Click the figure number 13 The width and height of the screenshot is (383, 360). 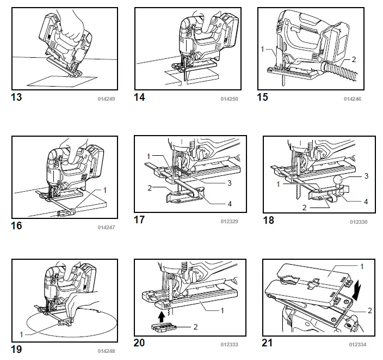click(x=17, y=98)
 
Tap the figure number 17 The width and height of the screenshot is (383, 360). click(x=140, y=220)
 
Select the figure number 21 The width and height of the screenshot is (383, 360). click(x=269, y=343)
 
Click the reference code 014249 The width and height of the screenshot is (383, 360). click(x=106, y=100)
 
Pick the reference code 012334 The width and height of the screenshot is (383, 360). click(x=358, y=345)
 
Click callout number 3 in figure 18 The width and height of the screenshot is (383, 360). click(x=366, y=176)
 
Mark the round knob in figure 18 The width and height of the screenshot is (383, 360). click(x=341, y=179)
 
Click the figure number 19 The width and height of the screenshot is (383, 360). click(x=17, y=349)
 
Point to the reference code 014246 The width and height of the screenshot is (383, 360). click(x=352, y=100)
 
